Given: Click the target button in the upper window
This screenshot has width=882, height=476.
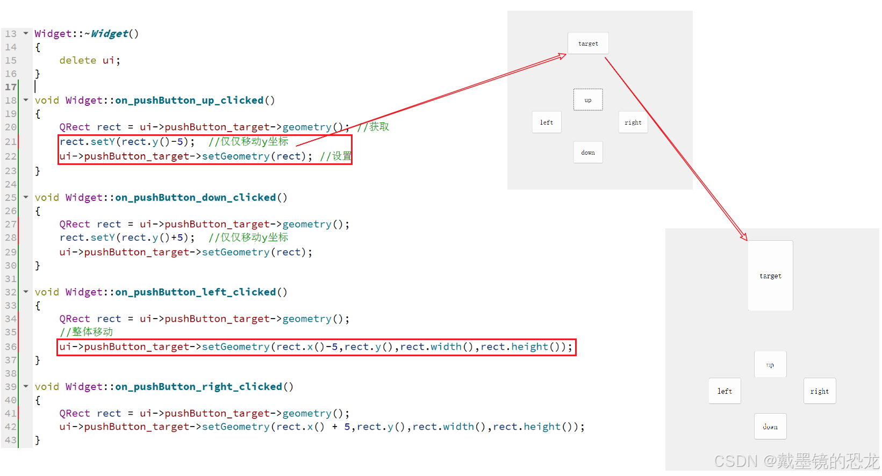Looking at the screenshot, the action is click(x=588, y=44).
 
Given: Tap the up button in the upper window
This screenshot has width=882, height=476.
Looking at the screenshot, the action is click(x=588, y=100).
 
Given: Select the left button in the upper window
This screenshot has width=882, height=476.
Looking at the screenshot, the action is click(x=547, y=122).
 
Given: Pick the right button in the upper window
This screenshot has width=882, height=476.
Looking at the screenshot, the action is click(x=633, y=122).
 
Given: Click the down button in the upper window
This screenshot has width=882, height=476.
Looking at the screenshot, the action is click(x=588, y=153).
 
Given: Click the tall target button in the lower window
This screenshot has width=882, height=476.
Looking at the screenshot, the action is click(x=770, y=276).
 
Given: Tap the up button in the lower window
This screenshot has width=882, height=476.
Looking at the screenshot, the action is click(x=770, y=365).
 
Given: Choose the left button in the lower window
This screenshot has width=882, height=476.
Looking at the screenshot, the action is click(x=725, y=391).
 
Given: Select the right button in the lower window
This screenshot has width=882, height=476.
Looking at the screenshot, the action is click(x=820, y=391).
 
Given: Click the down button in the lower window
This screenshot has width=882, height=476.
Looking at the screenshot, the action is click(x=770, y=427).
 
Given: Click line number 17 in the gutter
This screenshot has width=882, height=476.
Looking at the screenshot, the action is click(x=11, y=87).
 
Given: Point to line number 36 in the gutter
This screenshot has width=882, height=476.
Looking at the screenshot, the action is click(x=11, y=347).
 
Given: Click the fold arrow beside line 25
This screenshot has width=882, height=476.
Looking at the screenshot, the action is click(x=26, y=197).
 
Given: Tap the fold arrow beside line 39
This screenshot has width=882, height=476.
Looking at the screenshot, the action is click(x=26, y=386).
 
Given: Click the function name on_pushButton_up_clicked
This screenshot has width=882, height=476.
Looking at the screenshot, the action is click(x=189, y=100).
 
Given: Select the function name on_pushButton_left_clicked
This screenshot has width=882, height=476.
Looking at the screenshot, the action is click(x=195, y=292).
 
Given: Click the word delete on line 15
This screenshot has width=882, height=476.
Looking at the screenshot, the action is click(x=77, y=61).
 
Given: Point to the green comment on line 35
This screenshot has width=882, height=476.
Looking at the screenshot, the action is click(x=87, y=332).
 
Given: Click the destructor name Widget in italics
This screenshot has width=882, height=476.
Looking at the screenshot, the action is click(x=110, y=34).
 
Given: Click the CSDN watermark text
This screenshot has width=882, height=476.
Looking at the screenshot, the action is click(x=795, y=461).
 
